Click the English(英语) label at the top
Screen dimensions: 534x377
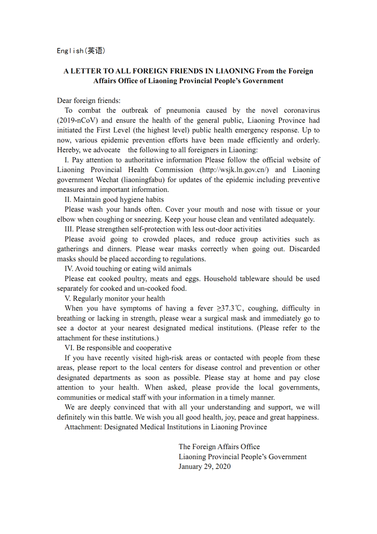(x=81, y=51)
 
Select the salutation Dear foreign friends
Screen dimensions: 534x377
(x=89, y=100)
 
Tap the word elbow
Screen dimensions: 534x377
(x=66, y=219)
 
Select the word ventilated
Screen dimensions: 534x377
(x=269, y=219)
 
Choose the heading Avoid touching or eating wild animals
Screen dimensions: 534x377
(x=128, y=269)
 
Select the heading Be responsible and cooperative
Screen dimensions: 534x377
(x=118, y=348)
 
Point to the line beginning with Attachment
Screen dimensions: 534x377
(x=165, y=427)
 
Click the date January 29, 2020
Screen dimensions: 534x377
(x=204, y=467)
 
